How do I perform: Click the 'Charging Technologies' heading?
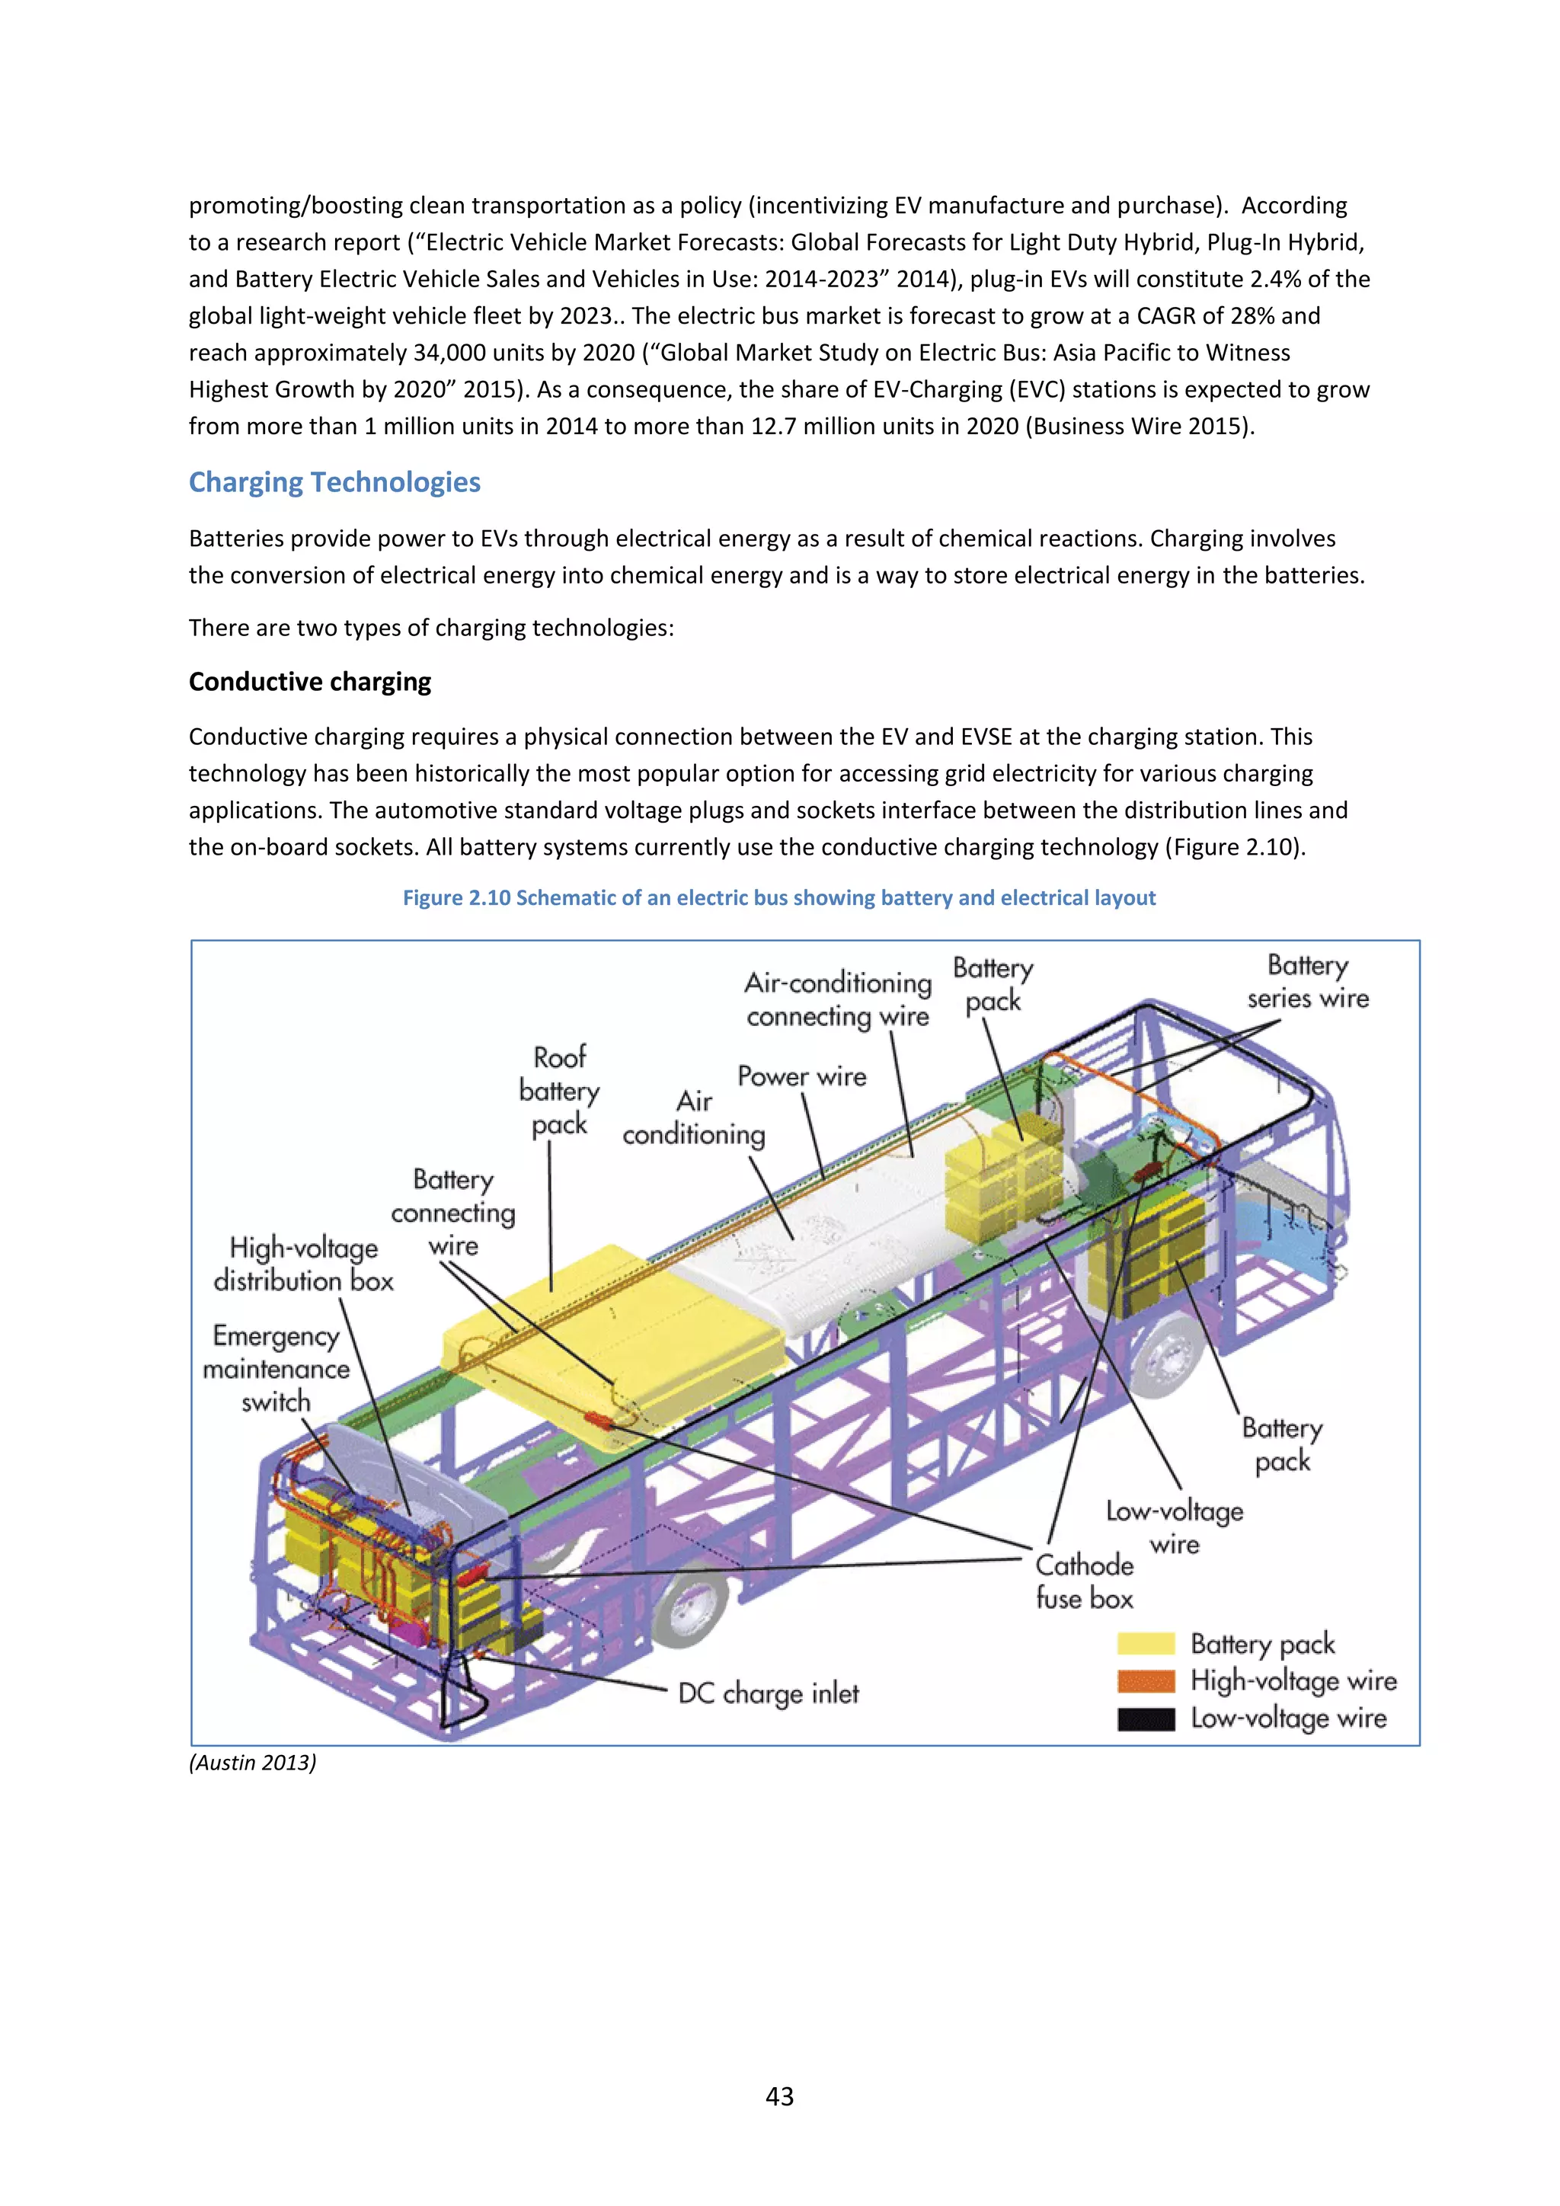click(x=334, y=482)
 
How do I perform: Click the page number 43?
click(x=779, y=2096)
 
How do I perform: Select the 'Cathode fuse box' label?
click(x=1084, y=1581)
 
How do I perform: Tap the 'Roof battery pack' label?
click(x=559, y=1091)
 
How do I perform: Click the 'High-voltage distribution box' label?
click(x=304, y=1264)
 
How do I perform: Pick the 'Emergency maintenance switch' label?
click(x=276, y=1368)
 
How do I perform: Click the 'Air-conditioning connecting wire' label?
click(x=838, y=999)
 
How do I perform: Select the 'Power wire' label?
click(x=801, y=1076)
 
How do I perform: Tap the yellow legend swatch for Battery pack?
click(x=1146, y=1644)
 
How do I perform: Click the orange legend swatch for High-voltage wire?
click(x=1146, y=1680)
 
